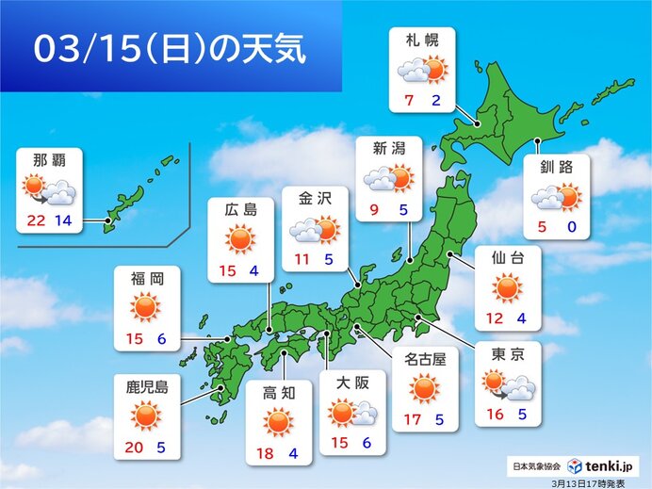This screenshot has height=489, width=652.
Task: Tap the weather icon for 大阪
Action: [352, 414]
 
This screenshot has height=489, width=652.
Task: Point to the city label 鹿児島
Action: [146, 385]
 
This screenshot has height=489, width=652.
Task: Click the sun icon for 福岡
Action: [146, 307]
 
